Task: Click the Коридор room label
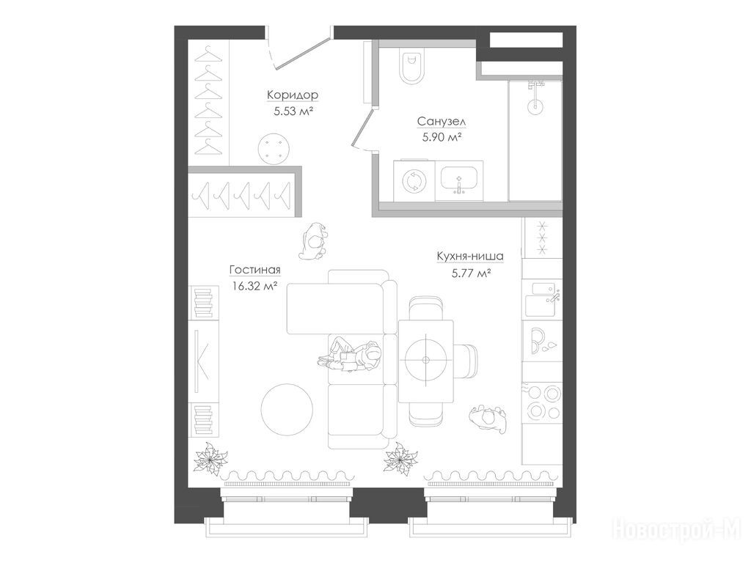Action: pyautogui.click(x=292, y=95)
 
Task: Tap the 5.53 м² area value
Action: pyautogui.click(x=293, y=112)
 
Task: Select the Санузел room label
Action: pyautogui.click(x=441, y=122)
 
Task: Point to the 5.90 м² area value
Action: pyautogui.click(x=441, y=138)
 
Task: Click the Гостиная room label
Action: pyautogui.click(x=254, y=270)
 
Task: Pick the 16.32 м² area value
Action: pyautogui.click(x=254, y=287)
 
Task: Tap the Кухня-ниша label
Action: pyautogui.click(x=470, y=257)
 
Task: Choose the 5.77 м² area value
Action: pyautogui.click(x=470, y=274)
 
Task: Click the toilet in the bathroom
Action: pyautogui.click(x=411, y=66)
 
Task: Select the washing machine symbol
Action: pyautogui.click(x=412, y=181)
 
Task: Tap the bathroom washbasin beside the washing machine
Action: pyautogui.click(x=459, y=180)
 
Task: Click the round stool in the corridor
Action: pyautogui.click(x=274, y=149)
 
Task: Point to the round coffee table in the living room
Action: pyautogui.click(x=287, y=410)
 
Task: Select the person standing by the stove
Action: pyautogui.click(x=488, y=418)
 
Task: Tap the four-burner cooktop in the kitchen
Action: pyautogui.click(x=542, y=402)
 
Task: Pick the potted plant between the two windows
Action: pyautogui.click(x=400, y=460)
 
